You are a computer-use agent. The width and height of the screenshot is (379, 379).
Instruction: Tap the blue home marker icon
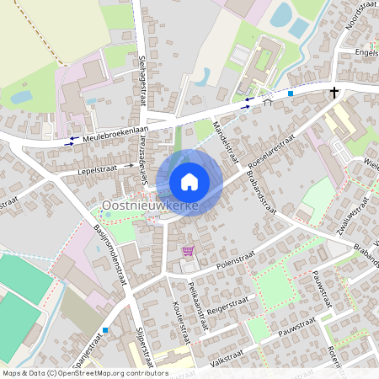pyautogui.click(x=189, y=181)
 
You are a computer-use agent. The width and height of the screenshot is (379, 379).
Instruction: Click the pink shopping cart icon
pyautogui.click(x=189, y=250)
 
